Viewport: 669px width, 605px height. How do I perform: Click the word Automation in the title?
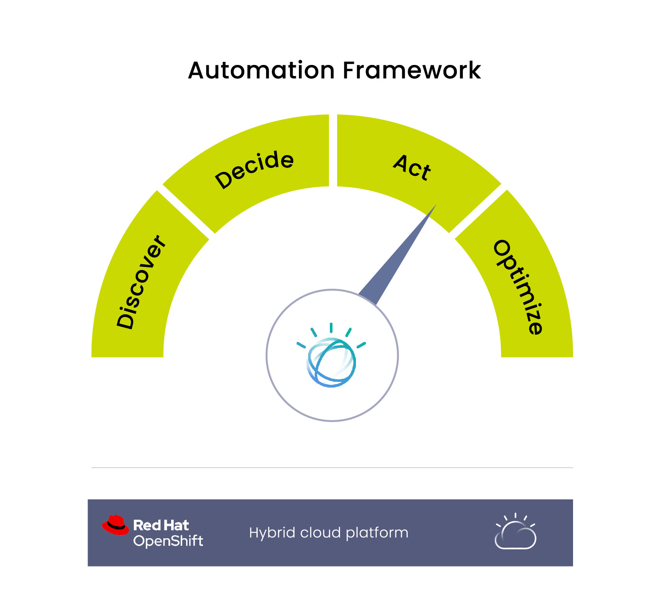coord(261,70)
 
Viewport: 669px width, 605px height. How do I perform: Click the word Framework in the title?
coord(412,70)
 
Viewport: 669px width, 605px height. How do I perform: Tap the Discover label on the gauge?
coord(141,282)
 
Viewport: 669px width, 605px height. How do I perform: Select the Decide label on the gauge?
coord(254,169)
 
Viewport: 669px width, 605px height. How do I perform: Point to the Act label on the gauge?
coord(412,167)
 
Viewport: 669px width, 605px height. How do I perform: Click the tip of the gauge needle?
coord(436,205)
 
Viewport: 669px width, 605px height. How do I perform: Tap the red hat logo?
coord(115,525)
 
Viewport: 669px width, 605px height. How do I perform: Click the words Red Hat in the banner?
coord(161,525)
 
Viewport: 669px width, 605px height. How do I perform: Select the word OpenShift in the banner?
coord(168,541)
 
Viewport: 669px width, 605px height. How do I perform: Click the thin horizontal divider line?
coord(332,468)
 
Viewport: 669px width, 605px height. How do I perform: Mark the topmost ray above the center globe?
coord(331,327)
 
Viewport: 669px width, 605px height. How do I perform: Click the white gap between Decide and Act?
coord(333,150)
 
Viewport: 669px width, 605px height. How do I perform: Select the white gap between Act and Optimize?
coord(478,211)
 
